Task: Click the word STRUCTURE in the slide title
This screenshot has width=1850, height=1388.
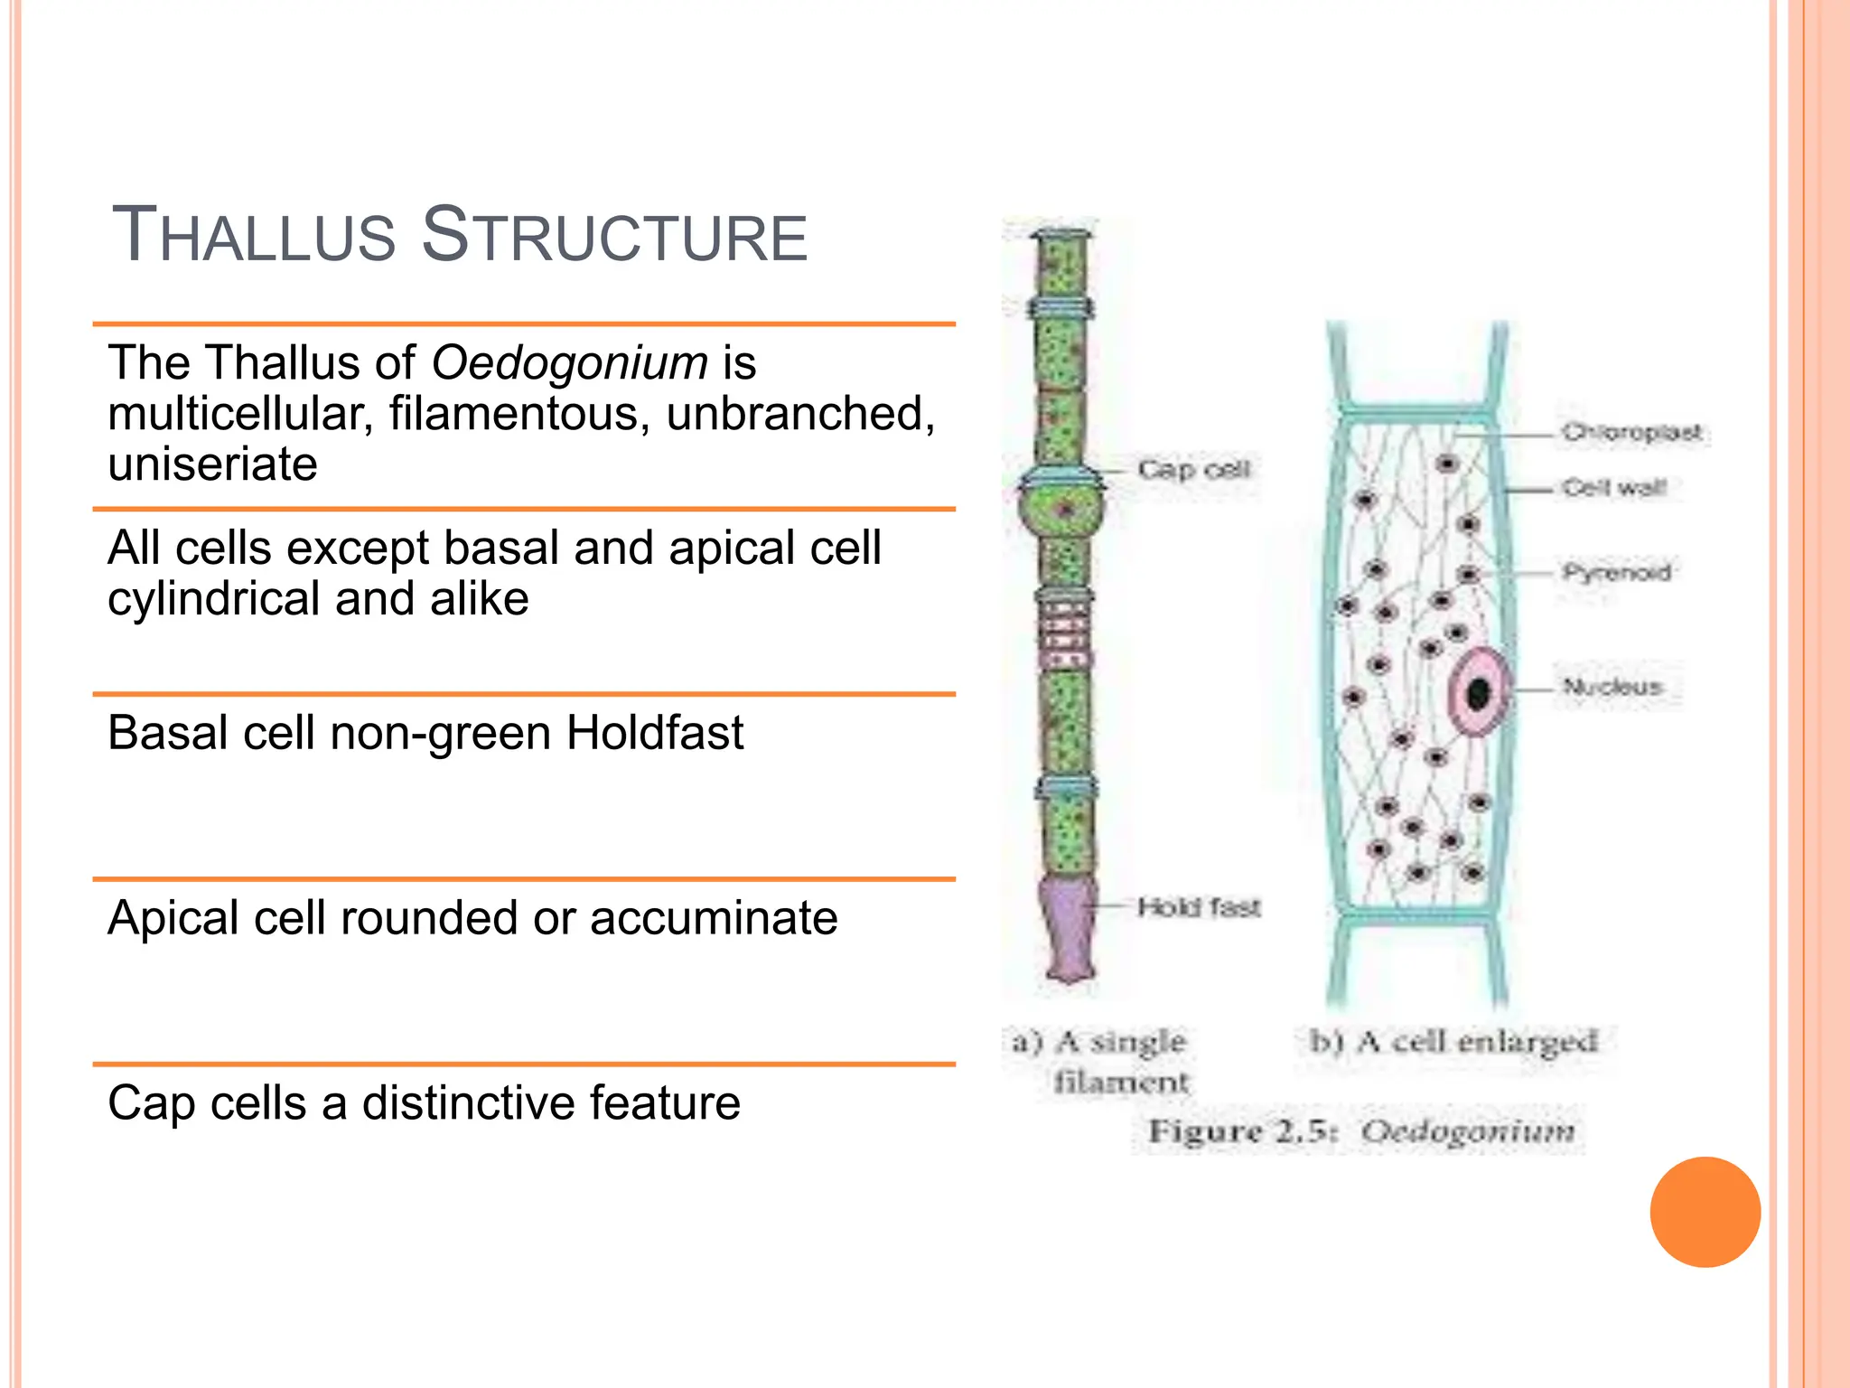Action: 614,236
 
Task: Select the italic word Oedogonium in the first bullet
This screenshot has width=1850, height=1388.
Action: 569,363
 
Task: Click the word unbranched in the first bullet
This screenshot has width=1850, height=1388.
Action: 800,414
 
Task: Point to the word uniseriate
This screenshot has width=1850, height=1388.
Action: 212,464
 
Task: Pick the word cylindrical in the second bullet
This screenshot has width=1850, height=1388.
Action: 210,599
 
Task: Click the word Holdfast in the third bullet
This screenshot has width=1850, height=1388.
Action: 654,732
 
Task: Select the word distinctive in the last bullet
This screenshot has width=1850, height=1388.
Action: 469,1103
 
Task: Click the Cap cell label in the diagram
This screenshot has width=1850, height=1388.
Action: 1193,470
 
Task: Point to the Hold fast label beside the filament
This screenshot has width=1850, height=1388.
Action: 1198,906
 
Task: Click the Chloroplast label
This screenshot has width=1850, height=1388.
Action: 1631,433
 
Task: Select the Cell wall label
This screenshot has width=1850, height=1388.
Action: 1614,488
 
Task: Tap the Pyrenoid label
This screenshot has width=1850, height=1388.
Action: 1617,572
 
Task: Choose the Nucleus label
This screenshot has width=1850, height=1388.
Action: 1612,687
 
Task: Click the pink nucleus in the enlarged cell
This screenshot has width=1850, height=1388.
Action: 1478,692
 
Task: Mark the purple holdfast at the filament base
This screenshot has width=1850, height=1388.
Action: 1069,931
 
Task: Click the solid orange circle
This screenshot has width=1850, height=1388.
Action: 1705,1212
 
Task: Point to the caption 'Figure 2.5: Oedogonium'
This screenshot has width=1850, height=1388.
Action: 1360,1131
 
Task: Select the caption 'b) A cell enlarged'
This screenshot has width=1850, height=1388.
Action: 1453,1042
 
